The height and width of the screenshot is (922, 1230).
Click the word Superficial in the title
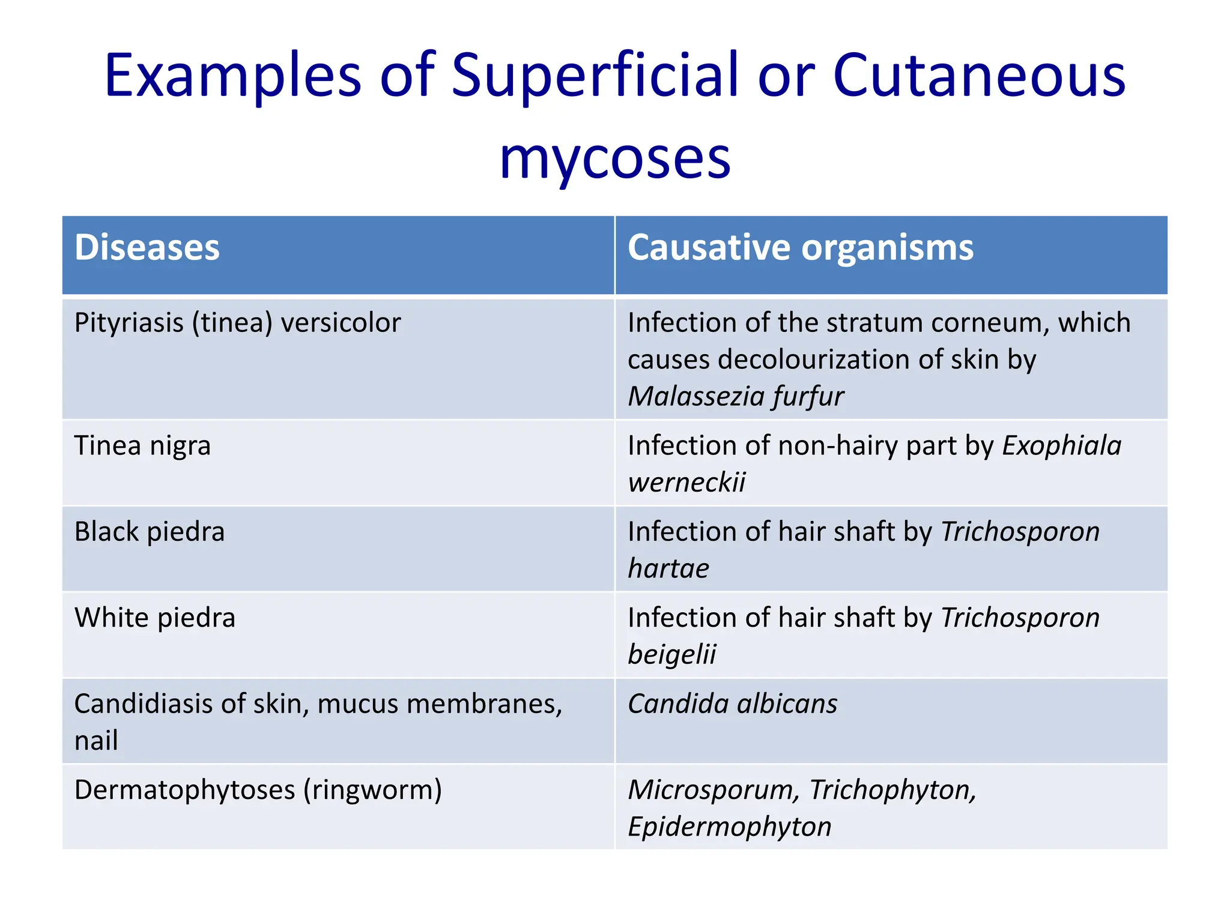(595, 76)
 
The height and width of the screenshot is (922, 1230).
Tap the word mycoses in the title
(615, 157)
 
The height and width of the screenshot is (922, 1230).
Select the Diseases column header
(147, 247)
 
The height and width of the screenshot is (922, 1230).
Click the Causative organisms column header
(800, 247)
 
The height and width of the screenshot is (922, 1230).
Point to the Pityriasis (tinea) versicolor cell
(237, 323)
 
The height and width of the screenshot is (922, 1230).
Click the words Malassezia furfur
(736, 396)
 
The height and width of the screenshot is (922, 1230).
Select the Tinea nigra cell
(142, 446)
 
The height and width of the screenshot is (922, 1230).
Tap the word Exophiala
(1061, 446)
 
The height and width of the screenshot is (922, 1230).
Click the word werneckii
(686, 483)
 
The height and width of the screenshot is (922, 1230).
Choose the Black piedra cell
(150, 532)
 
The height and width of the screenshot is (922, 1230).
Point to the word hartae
(668, 568)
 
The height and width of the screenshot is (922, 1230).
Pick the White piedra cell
(155, 618)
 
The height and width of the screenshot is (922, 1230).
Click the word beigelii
(672, 654)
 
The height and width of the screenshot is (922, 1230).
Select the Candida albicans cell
(732, 704)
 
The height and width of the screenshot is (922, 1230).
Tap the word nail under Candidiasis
(96, 741)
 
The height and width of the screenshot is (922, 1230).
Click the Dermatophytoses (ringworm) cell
(258, 790)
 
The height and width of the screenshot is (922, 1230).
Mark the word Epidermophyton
(730, 827)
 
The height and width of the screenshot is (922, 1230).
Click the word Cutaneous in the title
(979, 76)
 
